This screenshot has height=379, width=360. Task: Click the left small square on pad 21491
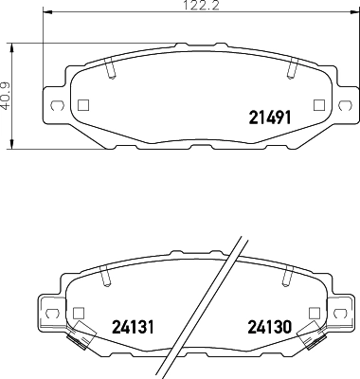point(81,106)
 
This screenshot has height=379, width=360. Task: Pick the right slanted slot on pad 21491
point(291,69)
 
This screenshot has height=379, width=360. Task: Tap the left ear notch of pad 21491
point(56,105)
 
